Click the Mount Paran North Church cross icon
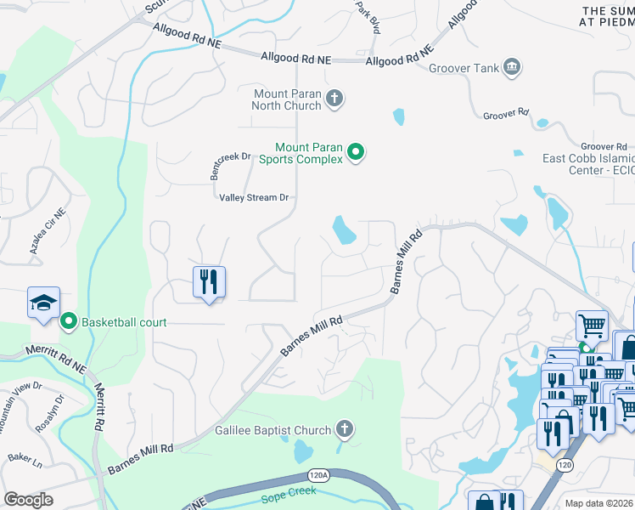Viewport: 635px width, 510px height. pyautogui.click(x=334, y=99)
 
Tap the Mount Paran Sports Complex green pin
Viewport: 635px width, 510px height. pyautogui.click(x=357, y=153)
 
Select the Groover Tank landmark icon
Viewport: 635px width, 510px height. pyautogui.click(x=512, y=67)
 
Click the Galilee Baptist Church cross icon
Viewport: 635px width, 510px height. pyautogui.click(x=345, y=429)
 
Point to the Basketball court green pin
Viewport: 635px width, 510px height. pyautogui.click(x=67, y=321)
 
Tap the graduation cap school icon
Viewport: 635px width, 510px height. pyautogui.click(x=43, y=303)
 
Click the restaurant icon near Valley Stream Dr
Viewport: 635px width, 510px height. pyautogui.click(x=209, y=282)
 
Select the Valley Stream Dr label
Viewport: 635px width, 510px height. pyautogui.click(x=254, y=197)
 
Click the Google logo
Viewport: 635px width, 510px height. pyautogui.click(x=28, y=500)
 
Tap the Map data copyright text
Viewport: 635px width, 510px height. pyautogui.click(x=599, y=503)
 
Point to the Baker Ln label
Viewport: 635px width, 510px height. pyautogui.click(x=25, y=458)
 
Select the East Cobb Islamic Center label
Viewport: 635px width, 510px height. pyautogui.click(x=588, y=164)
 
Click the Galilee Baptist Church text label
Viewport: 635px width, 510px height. pyautogui.click(x=273, y=430)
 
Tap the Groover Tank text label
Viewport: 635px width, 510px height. pyautogui.click(x=464, y=68)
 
